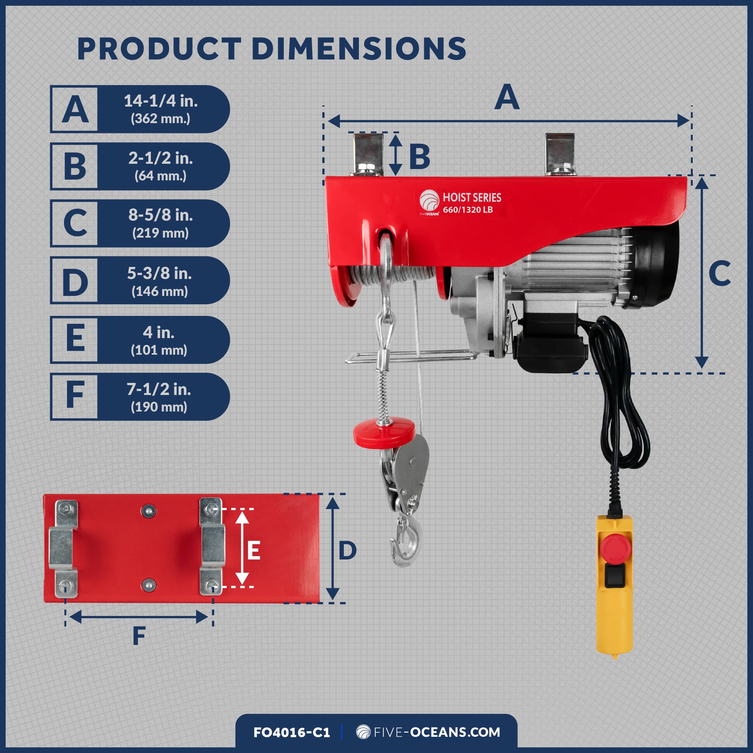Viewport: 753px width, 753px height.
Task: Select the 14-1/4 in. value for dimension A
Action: point(161,101)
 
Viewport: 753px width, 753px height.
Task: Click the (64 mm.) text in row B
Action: point(161,176)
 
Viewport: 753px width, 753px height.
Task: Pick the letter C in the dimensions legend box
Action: point(75,223)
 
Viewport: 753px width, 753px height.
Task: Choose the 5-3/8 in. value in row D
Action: point(159,273)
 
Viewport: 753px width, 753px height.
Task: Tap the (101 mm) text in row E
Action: point(159,350)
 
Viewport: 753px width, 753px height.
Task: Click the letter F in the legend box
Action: point(75,395)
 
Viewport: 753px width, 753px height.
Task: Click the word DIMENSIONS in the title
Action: point(359,49)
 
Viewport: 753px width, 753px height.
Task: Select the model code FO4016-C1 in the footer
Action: point(291,732)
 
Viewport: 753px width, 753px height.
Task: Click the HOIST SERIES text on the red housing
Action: point(472,198)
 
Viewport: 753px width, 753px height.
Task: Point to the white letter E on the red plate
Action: point(254,551)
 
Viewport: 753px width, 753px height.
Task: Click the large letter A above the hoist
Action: point(507,98)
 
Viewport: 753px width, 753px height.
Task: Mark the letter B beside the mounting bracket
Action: point(419,157)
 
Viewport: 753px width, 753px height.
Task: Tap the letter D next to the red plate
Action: point(347,551)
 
